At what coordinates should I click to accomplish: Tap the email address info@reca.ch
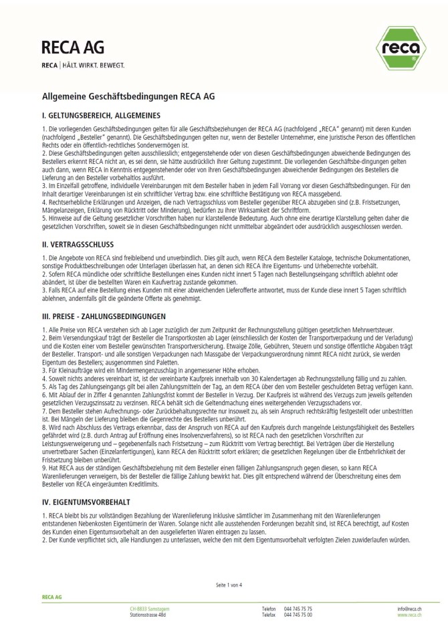click(409, 609)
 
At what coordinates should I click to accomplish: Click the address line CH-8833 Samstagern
click(150, 609)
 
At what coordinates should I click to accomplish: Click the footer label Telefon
click(268, 609)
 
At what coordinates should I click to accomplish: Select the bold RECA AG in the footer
click(51, 595)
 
